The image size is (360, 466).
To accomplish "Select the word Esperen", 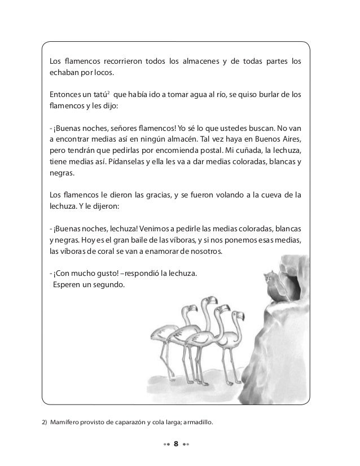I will pos(69,284).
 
